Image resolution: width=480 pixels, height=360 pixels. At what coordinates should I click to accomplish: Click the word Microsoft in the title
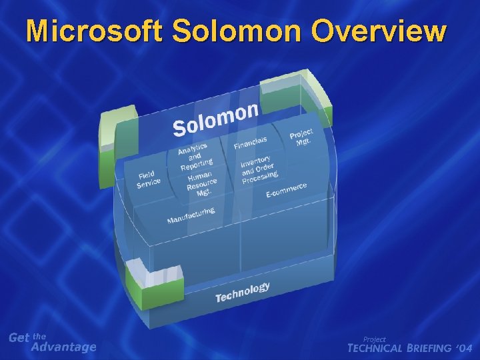(93, 31)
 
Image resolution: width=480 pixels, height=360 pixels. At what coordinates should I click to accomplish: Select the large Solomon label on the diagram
(215, 118)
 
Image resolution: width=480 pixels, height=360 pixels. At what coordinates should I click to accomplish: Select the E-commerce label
(286, 189)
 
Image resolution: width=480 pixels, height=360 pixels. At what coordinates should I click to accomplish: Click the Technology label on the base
(243, 292)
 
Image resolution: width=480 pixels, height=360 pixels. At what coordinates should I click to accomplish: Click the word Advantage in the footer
(64, 347)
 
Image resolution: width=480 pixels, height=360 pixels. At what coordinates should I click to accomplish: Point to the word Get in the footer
(19, 338)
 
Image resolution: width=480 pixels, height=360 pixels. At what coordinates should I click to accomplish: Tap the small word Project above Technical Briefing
(374, 339)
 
